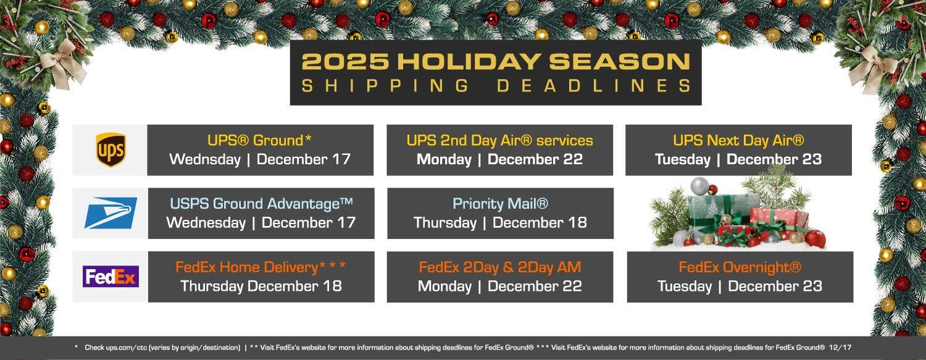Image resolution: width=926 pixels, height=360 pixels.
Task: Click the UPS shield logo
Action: coord(111,150)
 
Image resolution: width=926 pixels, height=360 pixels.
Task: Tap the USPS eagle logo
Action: coord(111,213)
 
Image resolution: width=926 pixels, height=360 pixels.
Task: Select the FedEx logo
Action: coord(111,277)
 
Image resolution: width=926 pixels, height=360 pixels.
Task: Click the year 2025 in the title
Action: coord(345,62)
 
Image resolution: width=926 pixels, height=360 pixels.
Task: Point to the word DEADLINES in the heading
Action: coord(593,86)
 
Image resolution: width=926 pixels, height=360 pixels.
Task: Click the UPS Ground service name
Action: coord(259,140)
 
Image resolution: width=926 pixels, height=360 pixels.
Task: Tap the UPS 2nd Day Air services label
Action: coord(499,140)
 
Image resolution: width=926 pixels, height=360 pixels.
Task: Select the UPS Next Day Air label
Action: coord(738,140)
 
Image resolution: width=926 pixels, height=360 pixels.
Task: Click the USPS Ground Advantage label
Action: coord(261,203)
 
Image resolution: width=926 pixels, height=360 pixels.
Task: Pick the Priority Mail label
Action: coord(500,203)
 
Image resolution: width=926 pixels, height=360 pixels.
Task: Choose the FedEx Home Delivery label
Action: coord(261,267)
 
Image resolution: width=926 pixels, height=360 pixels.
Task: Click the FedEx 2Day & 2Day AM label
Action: coord(500,267)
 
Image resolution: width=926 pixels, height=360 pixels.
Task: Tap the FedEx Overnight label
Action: coord(740,267)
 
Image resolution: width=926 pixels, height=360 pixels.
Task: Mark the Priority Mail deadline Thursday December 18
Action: coord(500,222)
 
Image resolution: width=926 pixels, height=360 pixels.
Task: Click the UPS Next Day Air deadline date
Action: coord(738,159)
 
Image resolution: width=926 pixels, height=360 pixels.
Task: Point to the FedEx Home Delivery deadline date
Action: coord(261,286)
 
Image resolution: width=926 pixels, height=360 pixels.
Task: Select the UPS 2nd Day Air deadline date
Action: coord(499,159)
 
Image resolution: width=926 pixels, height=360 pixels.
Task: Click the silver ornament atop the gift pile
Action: coord(699,186)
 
